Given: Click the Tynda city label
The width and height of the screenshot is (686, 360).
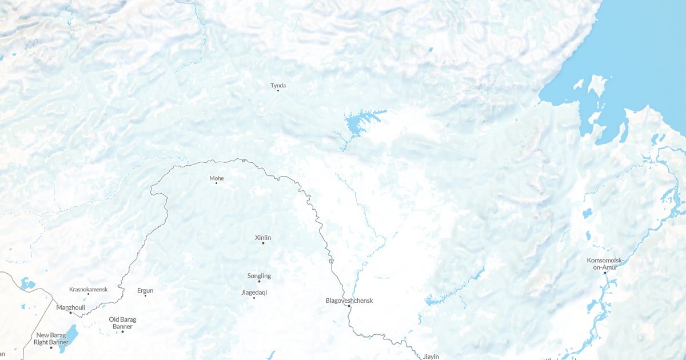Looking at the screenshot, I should (x=278, y=86).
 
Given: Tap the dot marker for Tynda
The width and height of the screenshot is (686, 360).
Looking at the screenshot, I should (x=278, y=90).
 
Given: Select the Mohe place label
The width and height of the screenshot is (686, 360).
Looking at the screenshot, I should (x=216, y=178).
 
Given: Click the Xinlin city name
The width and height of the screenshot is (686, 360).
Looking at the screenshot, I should (x=263, y=237).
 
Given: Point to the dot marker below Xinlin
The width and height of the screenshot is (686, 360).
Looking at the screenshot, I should (x=263, y=243).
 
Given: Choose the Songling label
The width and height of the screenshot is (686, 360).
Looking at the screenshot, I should (x=259, y=276).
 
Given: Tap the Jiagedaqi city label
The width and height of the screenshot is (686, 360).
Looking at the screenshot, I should (x=254, y=292).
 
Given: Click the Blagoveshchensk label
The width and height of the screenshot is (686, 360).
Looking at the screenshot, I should (x=349, y=300).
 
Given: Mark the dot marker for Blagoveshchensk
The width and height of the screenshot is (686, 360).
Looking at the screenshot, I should (x=349, y=306).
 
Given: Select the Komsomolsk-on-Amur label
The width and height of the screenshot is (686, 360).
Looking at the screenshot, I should (x=605, y=264).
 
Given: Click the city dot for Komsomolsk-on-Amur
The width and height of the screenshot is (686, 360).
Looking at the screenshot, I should (x=605, y=273).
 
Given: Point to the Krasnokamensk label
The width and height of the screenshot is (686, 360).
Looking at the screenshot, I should (x=88, y=289).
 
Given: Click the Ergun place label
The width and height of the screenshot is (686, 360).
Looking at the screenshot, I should (x=145, y=290).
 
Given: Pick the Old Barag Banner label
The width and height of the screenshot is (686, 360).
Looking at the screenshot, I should (x=122, y=323).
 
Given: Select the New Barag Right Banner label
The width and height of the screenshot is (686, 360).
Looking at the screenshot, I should (x=51, y=339).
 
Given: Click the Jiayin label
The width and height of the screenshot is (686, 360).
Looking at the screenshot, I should (x=430, y=357).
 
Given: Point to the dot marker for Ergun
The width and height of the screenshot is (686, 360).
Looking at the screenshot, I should (x=145, y=295).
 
